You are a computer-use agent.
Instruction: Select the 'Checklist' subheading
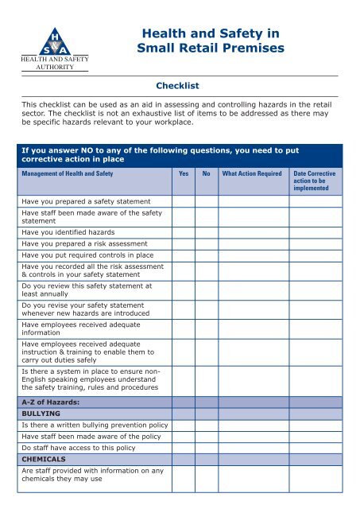click(x=179, y=85)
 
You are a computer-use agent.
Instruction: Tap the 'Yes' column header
click(x=184, y=172)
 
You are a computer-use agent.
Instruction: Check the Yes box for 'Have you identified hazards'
click(x=184, y=231)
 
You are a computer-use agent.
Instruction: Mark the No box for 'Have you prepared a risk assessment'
click(x=207, y=243)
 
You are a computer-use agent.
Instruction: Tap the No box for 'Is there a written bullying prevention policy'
click(x=207, y=425)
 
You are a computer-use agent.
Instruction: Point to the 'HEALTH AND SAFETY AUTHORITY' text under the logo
click(x=54, y=64)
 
